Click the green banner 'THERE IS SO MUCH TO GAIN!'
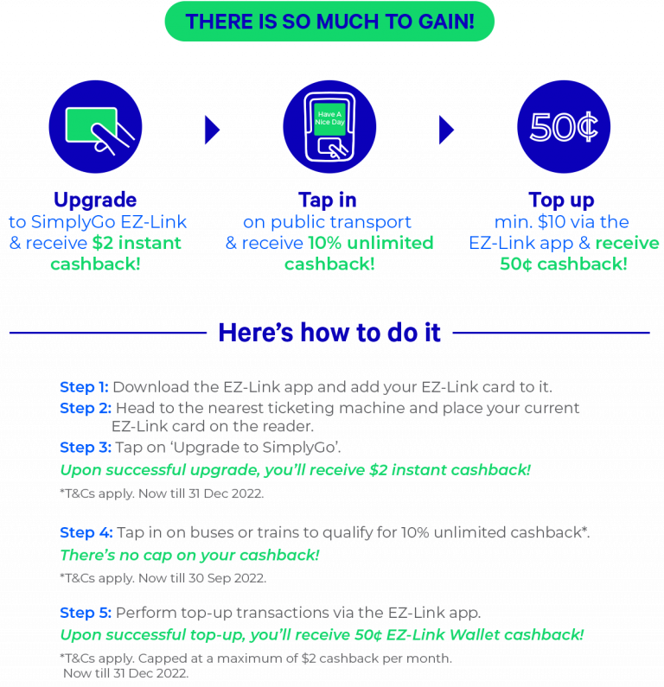329,22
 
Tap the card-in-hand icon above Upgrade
96,127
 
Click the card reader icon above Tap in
329,127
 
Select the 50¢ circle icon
564,127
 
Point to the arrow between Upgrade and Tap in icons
212,130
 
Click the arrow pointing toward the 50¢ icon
446,130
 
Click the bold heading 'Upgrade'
95,200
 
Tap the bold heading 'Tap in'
328,200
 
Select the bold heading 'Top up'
561,200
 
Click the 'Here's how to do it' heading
329,333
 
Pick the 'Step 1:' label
84,387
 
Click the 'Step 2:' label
86,408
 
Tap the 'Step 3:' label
86,448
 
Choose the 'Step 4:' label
86,532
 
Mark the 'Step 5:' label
86,613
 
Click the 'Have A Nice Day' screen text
329,118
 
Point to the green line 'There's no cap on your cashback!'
190,555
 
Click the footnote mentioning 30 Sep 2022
163,578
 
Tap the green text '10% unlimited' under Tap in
371,243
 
